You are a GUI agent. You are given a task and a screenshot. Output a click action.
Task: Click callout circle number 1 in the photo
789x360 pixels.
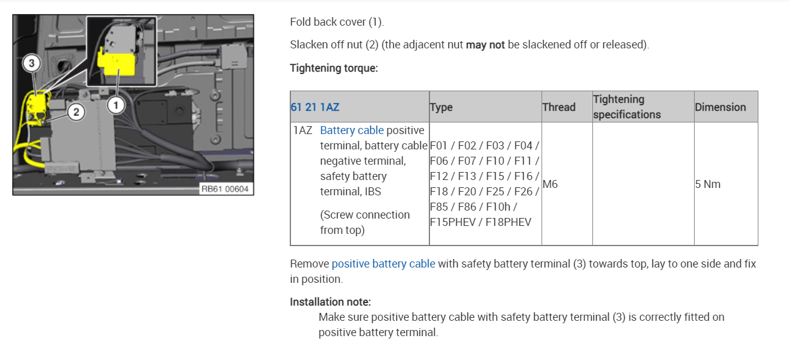pos(116,105)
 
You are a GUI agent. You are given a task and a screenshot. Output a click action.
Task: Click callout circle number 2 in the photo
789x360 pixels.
pos(75,111)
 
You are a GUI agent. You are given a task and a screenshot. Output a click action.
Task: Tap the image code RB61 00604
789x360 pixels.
pos(225,189)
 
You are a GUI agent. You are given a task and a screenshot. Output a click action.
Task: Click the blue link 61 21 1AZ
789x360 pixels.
pos(314,107)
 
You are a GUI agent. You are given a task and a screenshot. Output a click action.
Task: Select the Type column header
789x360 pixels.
pos(441,107)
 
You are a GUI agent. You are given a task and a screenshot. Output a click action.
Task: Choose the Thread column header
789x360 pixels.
pos(559,107)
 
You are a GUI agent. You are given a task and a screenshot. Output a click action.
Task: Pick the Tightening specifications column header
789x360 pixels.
pos(627,107)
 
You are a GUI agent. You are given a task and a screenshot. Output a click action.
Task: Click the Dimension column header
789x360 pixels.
pos(720,107)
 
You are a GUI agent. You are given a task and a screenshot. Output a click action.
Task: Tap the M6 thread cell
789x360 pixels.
pos(550,184)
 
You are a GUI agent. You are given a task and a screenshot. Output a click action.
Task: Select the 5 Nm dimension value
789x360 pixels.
pos(708,184)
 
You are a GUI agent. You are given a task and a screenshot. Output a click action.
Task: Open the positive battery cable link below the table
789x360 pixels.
pos(383,264)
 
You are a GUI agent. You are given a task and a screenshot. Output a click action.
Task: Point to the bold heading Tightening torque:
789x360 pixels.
pos(334,68)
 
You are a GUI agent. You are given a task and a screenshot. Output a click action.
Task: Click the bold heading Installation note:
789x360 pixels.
pos(330,302)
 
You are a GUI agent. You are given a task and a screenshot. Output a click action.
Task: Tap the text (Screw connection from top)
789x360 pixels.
pos(364,222)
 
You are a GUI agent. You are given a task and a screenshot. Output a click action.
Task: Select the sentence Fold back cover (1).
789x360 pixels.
pos(337,22)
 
